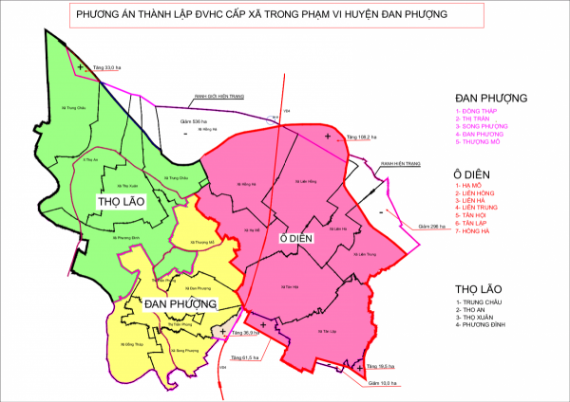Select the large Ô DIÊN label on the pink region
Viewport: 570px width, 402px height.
click(295, 240)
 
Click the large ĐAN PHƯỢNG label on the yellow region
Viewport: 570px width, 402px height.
click(180, 303)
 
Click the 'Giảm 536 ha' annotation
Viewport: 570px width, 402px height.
click(194, 121)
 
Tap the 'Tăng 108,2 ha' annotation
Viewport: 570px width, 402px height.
click(360, 137)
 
